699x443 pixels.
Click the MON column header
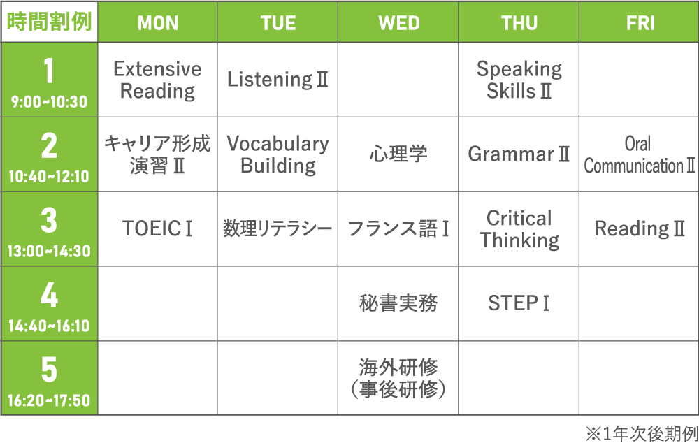(158, 23)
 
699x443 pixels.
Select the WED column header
(398, 23)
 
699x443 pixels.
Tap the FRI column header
(640, 23)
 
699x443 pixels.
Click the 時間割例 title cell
(49, 22)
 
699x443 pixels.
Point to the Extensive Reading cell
(158, 80)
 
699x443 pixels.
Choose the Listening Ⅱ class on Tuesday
(278, 80)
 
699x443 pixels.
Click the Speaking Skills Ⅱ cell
(519, 80)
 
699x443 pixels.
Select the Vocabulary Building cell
(278, 154)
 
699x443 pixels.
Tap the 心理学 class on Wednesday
(398, 154)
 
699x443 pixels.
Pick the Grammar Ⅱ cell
(519, 154)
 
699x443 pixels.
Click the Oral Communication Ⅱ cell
(640, 154)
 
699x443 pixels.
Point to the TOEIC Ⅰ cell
(158, 229)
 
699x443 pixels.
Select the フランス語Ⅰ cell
(398, 229)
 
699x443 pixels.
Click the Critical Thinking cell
(519, 229)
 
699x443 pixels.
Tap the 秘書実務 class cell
(398, 303)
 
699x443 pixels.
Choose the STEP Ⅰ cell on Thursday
(519, 303)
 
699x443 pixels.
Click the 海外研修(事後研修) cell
(398, 378)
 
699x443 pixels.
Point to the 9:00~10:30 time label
(49, 102)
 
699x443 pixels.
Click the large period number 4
(49, 295)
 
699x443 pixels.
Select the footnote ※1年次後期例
(642, 434)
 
